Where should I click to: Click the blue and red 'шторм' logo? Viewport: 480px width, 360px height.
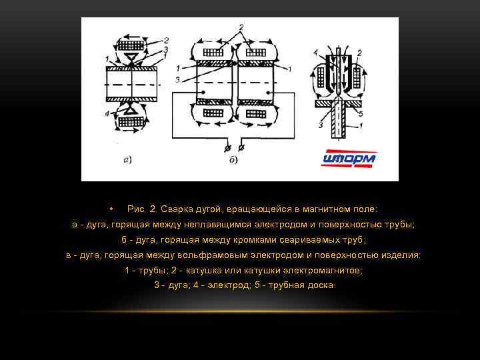click(x=349, y=159)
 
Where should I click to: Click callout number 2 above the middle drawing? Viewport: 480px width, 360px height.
click(x=241, y=26)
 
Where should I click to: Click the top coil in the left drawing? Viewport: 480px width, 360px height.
click(x=131, y=44)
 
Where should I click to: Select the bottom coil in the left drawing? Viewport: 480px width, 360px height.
click(x=131, y=123)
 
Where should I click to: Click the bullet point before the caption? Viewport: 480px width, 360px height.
click(x=113, y=208)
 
